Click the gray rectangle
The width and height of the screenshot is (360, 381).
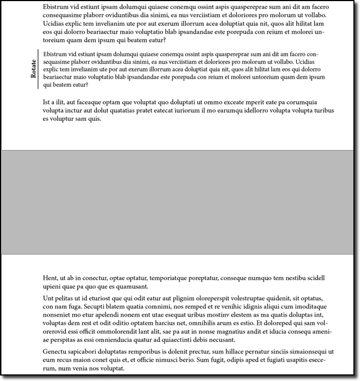pyautogui.click(x=180, y=202)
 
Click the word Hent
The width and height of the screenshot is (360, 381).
pyautogui.click(x=51, y=278)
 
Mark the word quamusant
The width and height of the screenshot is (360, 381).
pyautogui.click(x=131, y=286)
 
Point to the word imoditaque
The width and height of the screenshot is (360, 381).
pyautogui.click(x=307, y=306)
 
